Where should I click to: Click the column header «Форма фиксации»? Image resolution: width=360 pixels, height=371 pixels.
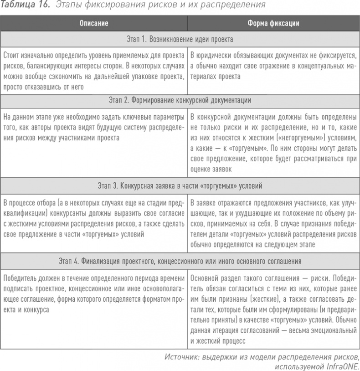point(273,23)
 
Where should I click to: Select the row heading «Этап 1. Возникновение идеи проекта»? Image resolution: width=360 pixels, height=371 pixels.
point(180,39)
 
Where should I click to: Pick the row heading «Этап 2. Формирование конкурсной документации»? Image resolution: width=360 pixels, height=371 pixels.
point(180,99)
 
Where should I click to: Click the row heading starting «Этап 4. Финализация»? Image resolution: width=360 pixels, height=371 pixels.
point(180,262)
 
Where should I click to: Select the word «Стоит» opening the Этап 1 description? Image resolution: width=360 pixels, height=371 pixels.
point(12,56)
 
